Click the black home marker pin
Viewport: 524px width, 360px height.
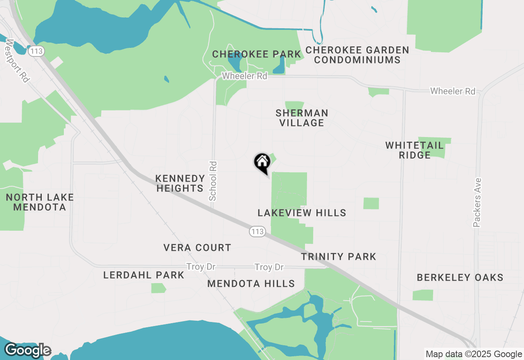coord(262,162)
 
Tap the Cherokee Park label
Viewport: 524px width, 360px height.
coord(257,54)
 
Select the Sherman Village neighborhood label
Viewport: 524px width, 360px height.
coord(302,118)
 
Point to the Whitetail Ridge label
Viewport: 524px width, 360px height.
coord(414,150)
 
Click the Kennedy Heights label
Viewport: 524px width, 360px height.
coord(180,183)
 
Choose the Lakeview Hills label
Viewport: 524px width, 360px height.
coord(302,213)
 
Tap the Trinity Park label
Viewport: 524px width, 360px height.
coord(339,256)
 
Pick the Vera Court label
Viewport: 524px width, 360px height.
coord(197,248)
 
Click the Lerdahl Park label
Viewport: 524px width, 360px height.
coord(144,275)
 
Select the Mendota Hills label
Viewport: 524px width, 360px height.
coord(251,283)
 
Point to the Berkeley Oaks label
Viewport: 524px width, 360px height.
coord(460,277)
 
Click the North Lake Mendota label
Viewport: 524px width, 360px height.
coord(40,202)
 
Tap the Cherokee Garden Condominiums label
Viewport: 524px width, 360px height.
coord(357,55)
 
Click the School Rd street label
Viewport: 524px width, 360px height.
coord(213,181)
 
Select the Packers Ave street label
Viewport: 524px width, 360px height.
coord(477,202)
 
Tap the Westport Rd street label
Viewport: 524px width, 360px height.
coord(18,61)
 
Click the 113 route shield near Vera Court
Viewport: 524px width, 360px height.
coord(257,232)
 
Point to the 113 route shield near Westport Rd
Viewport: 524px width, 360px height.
coord(36,51)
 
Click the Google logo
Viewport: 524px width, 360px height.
coord(28,350)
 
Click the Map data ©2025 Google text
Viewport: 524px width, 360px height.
coord(474,354)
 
